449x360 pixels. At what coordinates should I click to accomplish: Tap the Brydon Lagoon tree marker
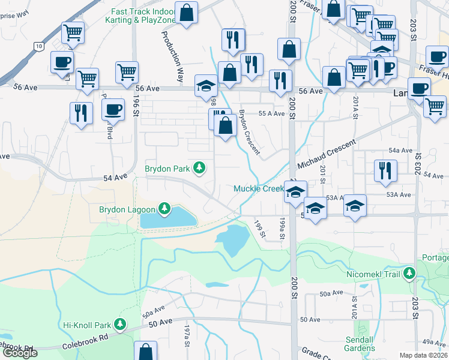point(164,209)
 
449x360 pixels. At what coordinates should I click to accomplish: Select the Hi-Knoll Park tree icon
point(121,325)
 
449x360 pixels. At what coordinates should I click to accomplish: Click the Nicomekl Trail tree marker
point(409,274)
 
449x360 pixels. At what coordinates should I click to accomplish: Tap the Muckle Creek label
point(258,188)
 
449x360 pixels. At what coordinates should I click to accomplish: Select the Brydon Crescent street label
point(250,131)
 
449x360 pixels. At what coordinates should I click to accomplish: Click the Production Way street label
point(173,57)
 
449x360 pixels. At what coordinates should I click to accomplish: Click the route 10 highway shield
point(38,46)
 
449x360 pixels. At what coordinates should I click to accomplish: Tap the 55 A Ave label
point(271,113)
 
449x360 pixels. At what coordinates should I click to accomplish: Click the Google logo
point(20,353)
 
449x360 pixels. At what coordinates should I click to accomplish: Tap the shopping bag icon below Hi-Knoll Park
point(145,351)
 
